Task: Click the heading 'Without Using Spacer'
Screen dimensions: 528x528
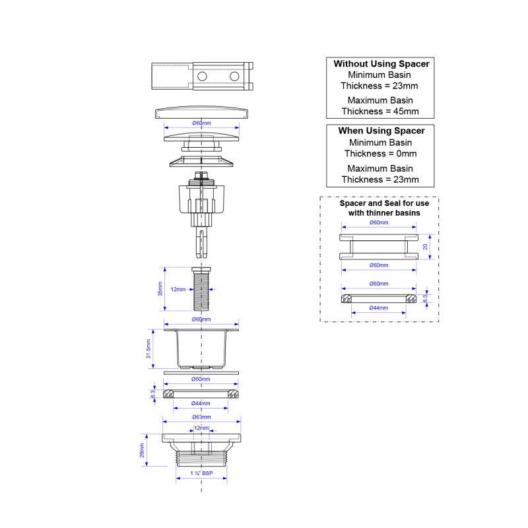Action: click(x=381, y=64)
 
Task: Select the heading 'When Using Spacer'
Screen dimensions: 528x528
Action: click(x=381, y=131)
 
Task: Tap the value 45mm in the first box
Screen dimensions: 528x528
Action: click(x=406, y=112)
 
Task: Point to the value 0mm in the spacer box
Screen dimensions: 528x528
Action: click(x=407, y=154)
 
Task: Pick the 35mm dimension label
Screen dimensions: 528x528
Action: click(x=160, y=289)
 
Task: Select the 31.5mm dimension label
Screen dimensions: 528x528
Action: click(x=148, y=349)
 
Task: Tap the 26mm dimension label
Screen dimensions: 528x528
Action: click(x=142, y=450)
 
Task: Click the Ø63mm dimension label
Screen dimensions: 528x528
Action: click(x=201, y=417)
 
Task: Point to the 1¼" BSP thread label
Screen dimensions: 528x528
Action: click(x=201, y=473)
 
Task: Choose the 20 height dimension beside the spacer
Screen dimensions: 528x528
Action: click(x=425, y=247)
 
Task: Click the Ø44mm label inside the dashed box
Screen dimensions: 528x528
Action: click(x=378, y=308)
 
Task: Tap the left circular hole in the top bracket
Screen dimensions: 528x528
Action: click(x=202, y=77)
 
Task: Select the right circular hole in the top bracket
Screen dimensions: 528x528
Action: click(x=234, y=77)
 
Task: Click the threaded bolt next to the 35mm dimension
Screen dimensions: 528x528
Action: click(x=201, y=289)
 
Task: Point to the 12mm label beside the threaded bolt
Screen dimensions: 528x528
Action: click(x=178, y=289)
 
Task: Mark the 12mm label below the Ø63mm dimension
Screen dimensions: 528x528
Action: click(x=201, y=428)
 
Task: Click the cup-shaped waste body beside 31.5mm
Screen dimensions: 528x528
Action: click(x=201, y=349)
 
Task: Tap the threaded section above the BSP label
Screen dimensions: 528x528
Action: click(x=201, y=459)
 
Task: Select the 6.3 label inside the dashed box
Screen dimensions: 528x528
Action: click(x=425, y=298)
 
